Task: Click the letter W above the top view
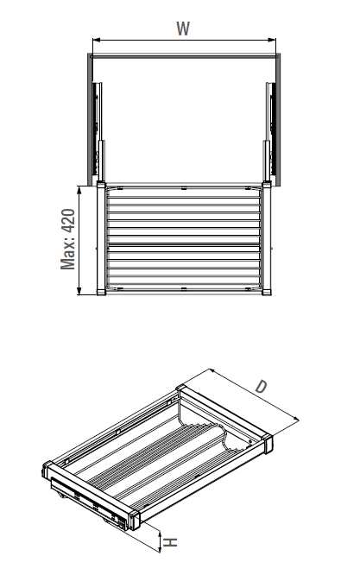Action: point(183,28)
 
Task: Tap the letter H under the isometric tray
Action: point(172,542)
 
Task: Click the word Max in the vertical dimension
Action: point(69,256)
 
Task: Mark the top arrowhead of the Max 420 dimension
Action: point(79,187)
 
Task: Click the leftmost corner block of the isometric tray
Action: point(49,471)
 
